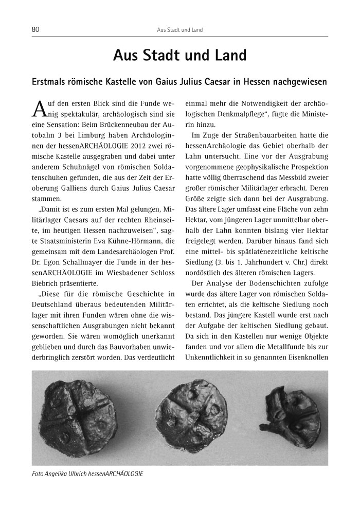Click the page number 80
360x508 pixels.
pyautogui.click(x=36, y=30)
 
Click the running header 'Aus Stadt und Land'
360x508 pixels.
pyautogui.click(x=179, y=30)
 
